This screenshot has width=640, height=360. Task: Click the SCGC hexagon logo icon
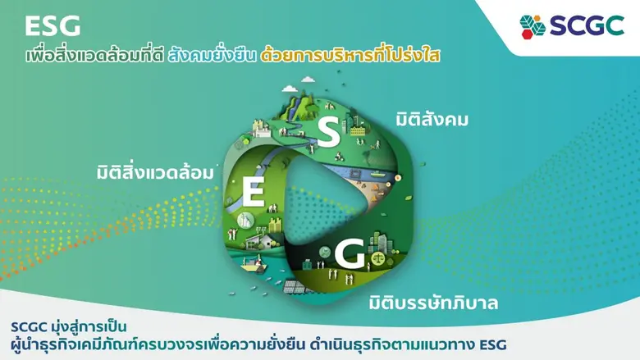(x=533, y=25)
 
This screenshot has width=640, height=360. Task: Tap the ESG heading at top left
(x=53, y=26)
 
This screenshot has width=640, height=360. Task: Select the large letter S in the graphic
(x=327, y=134)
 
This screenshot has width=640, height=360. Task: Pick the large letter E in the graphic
(x=253, y=193)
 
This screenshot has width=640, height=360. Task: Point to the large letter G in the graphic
(x=348, y=257)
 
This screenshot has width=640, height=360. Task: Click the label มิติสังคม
(x=432, y=120)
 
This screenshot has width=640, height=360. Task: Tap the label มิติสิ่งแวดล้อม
(x=153, y=174)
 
